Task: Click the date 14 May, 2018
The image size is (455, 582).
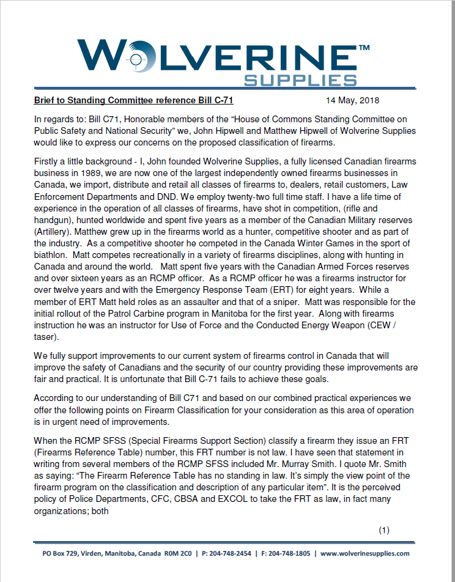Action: pos(352,100)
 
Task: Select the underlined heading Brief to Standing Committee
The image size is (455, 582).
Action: pos(133,100)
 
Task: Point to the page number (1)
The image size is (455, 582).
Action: pos(384,530)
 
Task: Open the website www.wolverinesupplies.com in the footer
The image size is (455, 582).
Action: pos(365,553)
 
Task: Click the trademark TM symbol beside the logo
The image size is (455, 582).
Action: pos(363,47)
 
